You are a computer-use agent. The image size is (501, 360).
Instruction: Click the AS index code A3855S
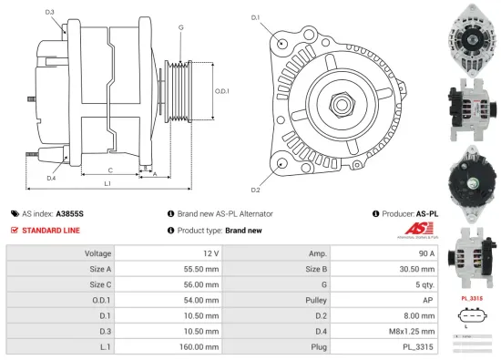coord(69,213)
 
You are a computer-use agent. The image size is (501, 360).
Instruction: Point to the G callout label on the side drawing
coord(181,27)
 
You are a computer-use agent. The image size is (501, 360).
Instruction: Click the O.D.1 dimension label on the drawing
coord(221,90)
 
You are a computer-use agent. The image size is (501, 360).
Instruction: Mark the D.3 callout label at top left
coord(49,13)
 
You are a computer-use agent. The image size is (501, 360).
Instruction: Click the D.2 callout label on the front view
coord(256,190)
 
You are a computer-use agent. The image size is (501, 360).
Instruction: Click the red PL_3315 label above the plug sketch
coord(472,297)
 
